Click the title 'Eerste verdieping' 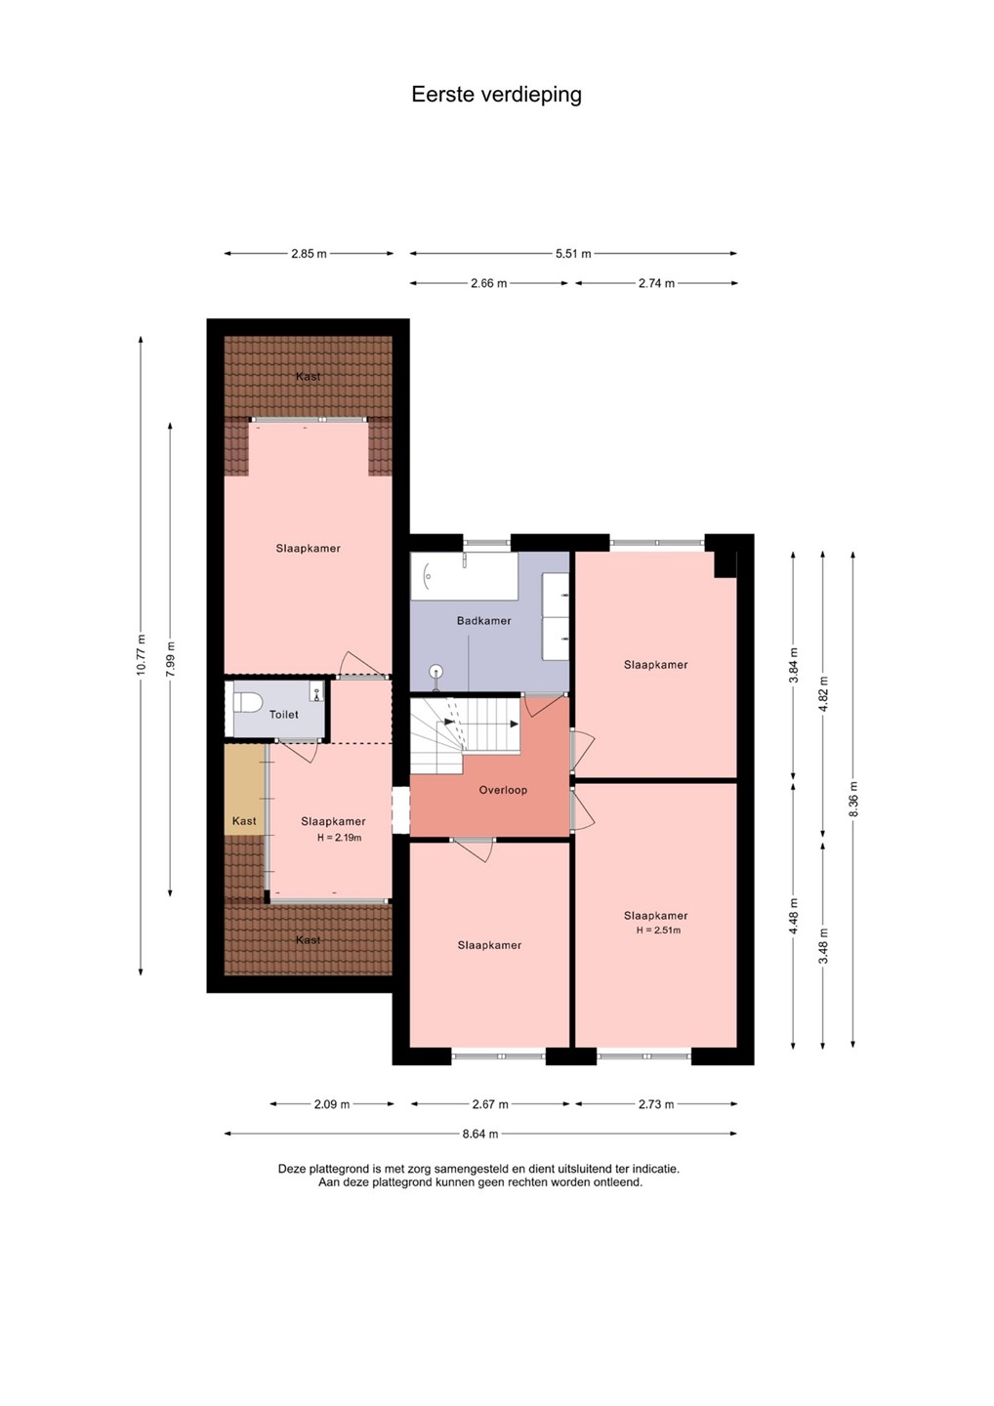496,95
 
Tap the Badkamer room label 484,621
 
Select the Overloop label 503,790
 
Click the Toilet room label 283,715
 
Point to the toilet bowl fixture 247,702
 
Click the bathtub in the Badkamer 465,576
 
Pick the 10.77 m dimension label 141,654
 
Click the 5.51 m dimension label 573,254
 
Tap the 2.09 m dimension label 332,1104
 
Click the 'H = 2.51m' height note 658,930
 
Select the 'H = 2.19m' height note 340,838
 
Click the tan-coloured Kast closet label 244,821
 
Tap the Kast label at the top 309,377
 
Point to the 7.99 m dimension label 170,659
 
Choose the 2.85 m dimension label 309,254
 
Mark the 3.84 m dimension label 794,665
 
